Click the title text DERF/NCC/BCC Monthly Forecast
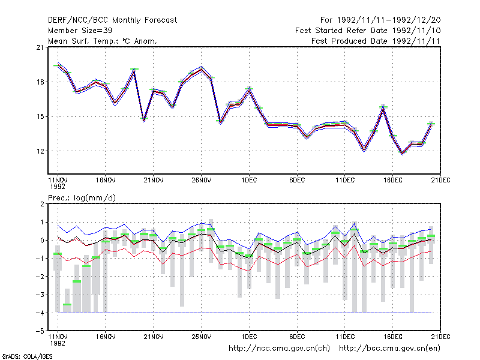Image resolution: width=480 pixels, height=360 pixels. point(112,20)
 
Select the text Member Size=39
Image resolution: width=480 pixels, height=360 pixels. point(80,31)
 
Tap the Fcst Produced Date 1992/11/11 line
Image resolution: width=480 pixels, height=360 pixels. point(376,41)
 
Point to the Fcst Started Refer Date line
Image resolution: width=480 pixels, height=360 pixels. point(368,31)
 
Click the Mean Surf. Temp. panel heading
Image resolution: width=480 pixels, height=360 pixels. point(102,41)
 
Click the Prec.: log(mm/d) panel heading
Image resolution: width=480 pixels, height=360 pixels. point(82,198)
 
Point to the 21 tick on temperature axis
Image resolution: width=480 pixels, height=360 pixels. point(40,47)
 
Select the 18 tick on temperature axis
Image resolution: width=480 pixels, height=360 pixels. point(40,82)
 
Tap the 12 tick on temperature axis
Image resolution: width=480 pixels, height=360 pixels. point(40,151)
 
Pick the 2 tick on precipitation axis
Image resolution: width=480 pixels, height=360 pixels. point(42,204)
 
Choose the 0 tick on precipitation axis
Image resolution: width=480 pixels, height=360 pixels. point(42,241)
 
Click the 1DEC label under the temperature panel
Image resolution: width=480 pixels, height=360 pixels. point(249,181)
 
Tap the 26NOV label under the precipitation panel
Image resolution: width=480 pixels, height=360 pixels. point(202,337)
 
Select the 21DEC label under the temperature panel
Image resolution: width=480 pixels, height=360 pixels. point(440,181)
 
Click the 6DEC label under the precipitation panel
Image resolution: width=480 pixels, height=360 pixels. point(297,337)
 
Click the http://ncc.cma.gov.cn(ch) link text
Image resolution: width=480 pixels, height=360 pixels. point(279,349)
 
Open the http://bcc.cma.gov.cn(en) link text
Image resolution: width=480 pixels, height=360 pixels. point(389,349)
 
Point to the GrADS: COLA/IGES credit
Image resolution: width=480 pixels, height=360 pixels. point(27,356)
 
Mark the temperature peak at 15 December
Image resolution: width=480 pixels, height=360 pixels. point(383,107)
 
